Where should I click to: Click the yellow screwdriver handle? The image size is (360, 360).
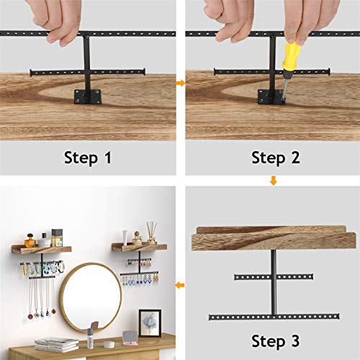pyautogui.click(x=292, y=60)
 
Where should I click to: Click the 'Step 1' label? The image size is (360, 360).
pyautogui.click(x=88, y=158)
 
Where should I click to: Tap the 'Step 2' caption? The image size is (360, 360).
pyautogui.click(x=276, y=158)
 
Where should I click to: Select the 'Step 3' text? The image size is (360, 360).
pyautogui.click(x=276, y=341)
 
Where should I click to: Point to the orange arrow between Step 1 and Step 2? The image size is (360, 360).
pyautogui.click(x=181, y=83)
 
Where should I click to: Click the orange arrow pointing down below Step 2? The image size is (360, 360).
pyautogui.click(x=274, y=181)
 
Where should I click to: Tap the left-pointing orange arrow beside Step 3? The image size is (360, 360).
pyautogui.click(x=180, y=285)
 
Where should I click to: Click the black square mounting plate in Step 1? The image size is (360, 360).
pyautogui.click(x=88, y=96)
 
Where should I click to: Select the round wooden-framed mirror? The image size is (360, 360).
pyautogui.click(x=91, y=298)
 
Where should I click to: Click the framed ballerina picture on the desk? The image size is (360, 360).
pyautogui.click(x=150, y=323)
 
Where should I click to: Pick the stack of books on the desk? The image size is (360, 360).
pyautogui.click(x=57, y=344)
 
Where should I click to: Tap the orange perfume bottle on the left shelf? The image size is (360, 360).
pyautogui.click(x=30, y=240)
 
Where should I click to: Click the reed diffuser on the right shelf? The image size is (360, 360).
pyautogui.click(x=152, y=233)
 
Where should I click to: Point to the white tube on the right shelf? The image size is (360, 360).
pyautogui.click(x=125, y=238)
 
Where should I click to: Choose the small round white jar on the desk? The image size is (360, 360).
pyautogui.click(x=109, y=344)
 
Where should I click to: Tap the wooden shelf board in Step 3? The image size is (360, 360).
pyautogui.click(x=274, y=238)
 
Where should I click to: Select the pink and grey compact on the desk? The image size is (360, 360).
pyautogui.click(x=130, y=338)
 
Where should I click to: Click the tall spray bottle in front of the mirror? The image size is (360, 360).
pyautogui.click(x=90, y=338)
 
